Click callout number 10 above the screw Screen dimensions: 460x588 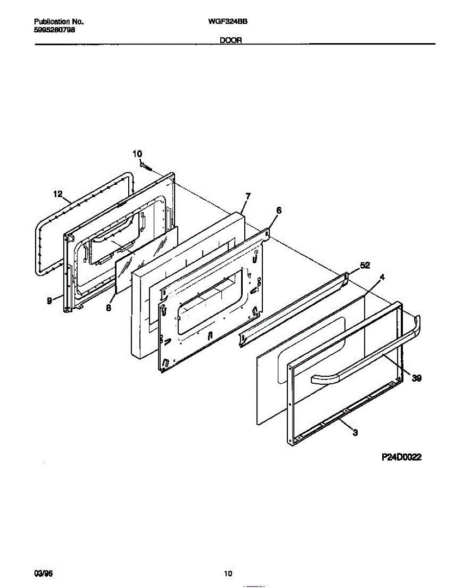137,154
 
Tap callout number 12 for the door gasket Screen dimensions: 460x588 58,195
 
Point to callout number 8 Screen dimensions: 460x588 109,308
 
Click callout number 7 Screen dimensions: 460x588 248,196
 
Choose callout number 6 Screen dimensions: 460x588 278,210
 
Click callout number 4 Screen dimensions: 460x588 382,277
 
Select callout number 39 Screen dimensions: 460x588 417,378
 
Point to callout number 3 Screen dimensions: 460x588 355,432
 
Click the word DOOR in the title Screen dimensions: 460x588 230,41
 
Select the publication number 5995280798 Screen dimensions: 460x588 55,29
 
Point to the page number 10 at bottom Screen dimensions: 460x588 228,573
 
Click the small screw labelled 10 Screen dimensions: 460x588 145,167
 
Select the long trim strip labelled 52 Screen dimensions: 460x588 294,310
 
